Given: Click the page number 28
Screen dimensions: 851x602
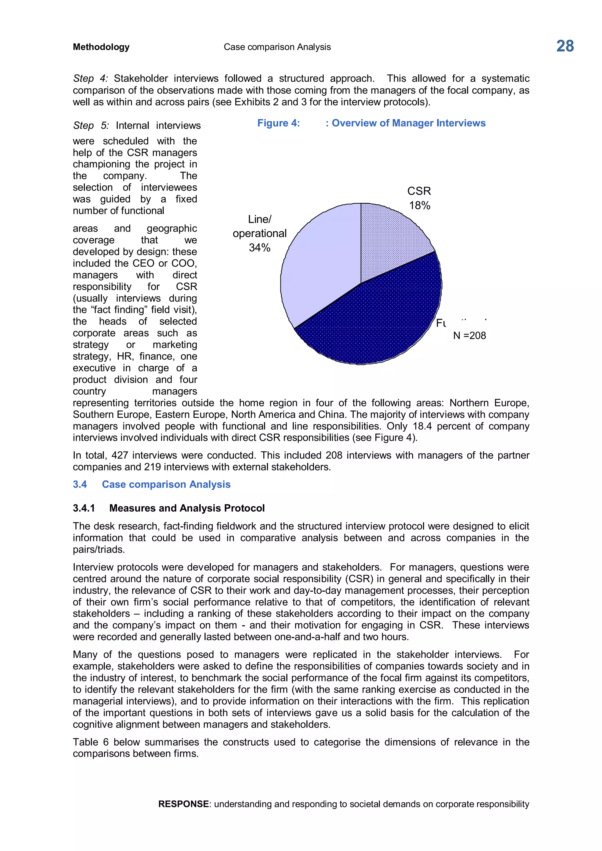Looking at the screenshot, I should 565,46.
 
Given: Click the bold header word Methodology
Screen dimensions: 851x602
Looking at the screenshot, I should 101,47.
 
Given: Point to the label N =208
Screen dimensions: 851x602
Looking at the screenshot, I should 469,336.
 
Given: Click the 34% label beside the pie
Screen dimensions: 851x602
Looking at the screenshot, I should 260,248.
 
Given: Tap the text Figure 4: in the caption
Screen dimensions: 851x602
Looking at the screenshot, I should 278,123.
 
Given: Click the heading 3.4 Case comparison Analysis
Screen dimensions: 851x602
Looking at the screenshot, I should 152,485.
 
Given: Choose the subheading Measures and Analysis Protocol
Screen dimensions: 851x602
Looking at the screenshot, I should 187,508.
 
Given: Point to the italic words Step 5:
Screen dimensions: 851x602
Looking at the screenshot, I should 91,126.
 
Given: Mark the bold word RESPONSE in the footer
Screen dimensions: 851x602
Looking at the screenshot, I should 183,804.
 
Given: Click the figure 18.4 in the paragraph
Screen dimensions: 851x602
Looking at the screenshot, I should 422,426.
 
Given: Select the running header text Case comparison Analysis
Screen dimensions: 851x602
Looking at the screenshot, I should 277,47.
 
